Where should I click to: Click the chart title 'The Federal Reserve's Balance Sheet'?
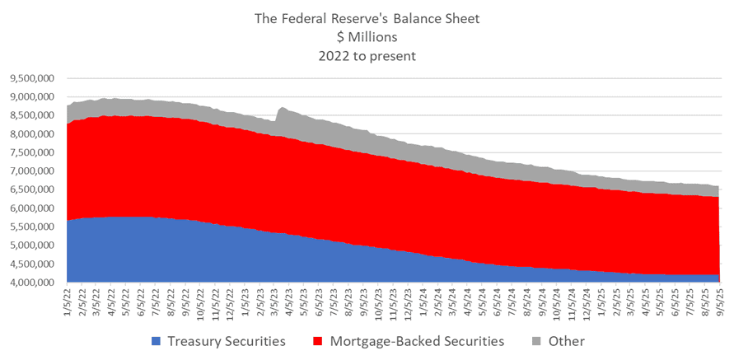click(x=367, y=17)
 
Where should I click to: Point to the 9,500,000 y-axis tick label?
click(x=32, y=79)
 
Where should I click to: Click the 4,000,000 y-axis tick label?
click(x=32, y=283)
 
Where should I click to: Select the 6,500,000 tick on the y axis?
click(x=32, y=190)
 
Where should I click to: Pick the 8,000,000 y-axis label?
click(x=32, y=135)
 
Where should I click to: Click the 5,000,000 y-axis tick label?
click(x=32, y=245)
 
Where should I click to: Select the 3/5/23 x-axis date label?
click(x=273, y=302)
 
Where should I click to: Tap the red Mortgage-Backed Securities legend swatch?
click(x=321, y=340)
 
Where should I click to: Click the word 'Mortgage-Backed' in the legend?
click(x=381, y=340)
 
